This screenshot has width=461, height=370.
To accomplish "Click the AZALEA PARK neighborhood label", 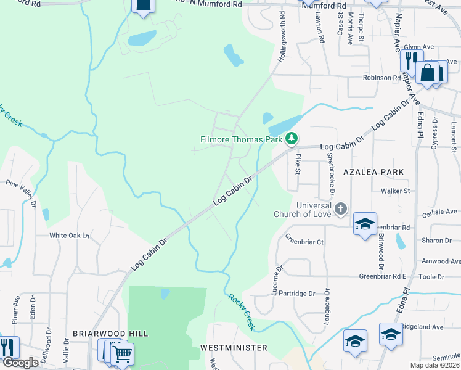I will (x=373, y=172).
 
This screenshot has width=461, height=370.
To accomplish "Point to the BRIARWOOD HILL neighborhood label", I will (x=110, y=333).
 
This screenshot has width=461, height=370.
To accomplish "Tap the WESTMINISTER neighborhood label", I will (x=234, y=348).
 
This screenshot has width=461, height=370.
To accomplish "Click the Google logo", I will (x=20, y=363).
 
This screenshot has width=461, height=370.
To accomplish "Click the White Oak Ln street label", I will (x=70, y=236).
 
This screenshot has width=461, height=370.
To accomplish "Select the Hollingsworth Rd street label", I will (x=282, y=30).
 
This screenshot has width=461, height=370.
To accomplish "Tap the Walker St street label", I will (x=395, y=191).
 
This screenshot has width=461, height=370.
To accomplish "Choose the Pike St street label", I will (x=298, y=164).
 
